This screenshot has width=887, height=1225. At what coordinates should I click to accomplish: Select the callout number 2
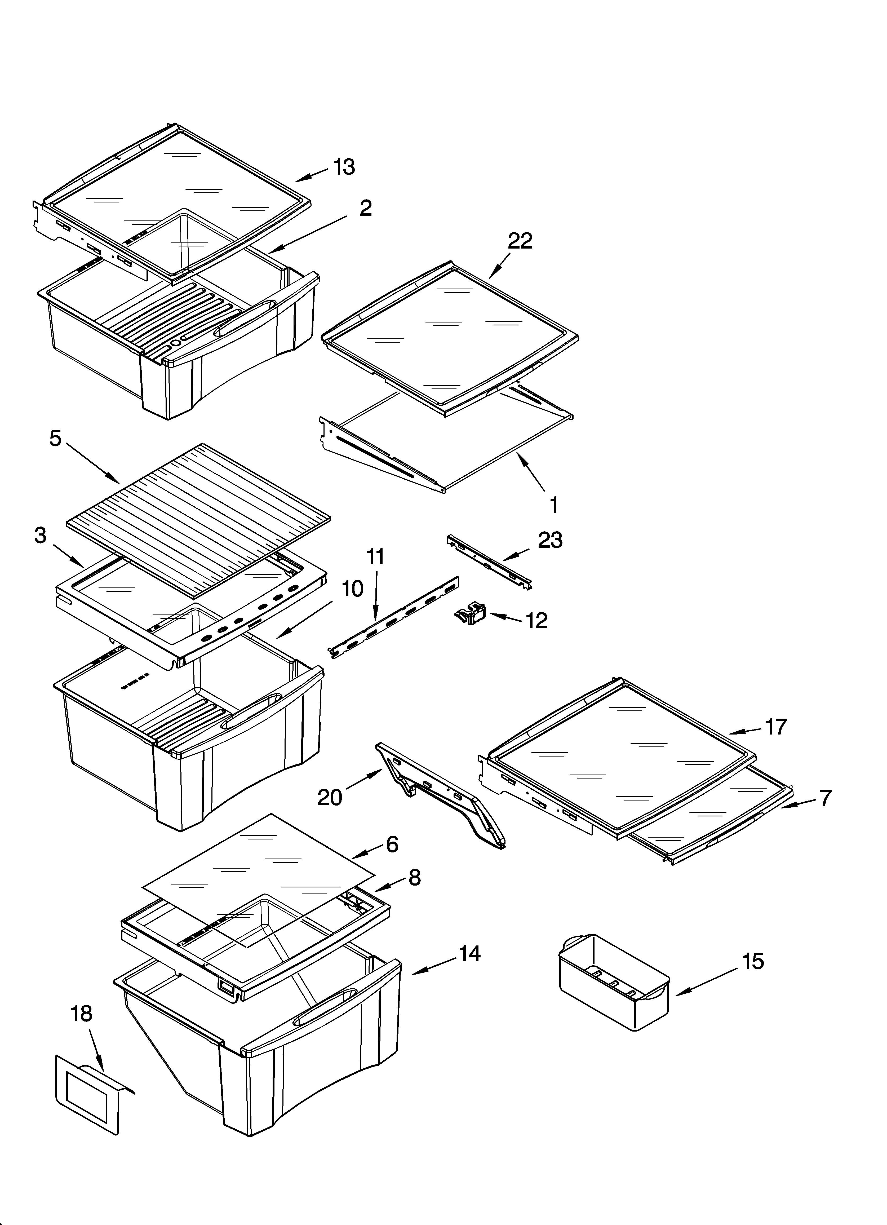point(366,208)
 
